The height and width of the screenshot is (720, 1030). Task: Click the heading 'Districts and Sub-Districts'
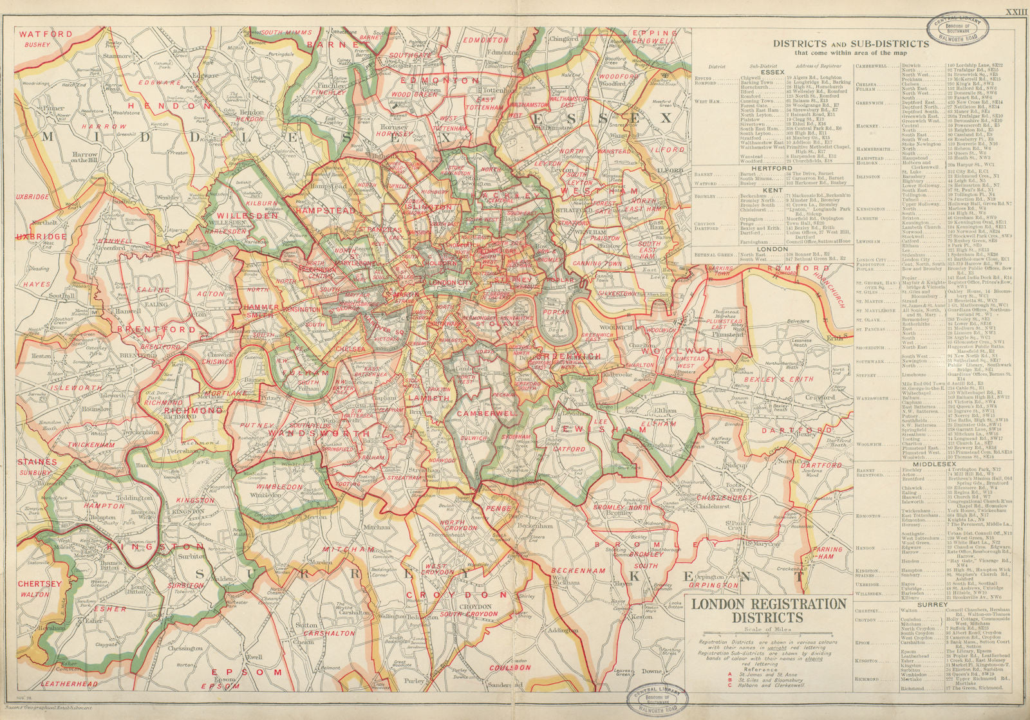click(x=850, y=44)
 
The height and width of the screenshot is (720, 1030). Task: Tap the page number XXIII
click(x=1016, y=12)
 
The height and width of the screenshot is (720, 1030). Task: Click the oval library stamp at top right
click(x=957, y=28)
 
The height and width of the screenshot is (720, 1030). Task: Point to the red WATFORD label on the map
click(x=46, y=34)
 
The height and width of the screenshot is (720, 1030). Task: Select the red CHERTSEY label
click(x=39, y=584)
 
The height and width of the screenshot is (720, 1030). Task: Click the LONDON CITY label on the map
click(x=451, y=283)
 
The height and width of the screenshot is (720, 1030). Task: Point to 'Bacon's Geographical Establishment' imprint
click(x=57, y=707)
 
